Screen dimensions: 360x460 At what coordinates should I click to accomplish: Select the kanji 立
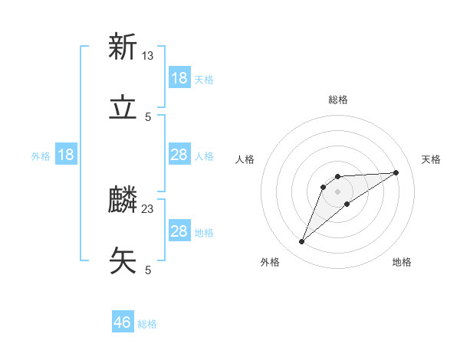pos(123,108)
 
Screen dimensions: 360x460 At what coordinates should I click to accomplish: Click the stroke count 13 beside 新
pos(148,55)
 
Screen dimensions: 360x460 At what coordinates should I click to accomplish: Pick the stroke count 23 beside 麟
pos(148,208)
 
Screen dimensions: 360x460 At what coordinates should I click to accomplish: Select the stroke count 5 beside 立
pos(148,116)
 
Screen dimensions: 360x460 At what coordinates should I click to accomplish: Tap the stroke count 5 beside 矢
pos(148,270)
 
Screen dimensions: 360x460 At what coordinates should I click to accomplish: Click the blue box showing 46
pos(123,322)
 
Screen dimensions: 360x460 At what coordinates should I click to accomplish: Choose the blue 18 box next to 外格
pos(66,155)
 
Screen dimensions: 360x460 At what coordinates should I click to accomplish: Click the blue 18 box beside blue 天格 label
pos(179,78)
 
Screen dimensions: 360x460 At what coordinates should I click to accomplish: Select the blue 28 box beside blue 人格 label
pos(179,155)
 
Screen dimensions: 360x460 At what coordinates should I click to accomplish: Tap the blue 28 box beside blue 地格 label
pos(179,231)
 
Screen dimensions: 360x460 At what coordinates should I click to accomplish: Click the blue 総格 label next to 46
pos(147,324)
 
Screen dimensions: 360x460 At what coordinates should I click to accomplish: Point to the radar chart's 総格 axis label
pos(338,100)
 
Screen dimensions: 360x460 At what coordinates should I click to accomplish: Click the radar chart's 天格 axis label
pos(432,159)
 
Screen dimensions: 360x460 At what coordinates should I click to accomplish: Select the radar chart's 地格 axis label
pos(402,262)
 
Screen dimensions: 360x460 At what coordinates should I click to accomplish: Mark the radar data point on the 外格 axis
pos(301,242)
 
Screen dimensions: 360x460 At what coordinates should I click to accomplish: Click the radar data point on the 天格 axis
pos(396,172)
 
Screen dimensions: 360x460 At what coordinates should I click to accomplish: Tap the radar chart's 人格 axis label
pos(245,159)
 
